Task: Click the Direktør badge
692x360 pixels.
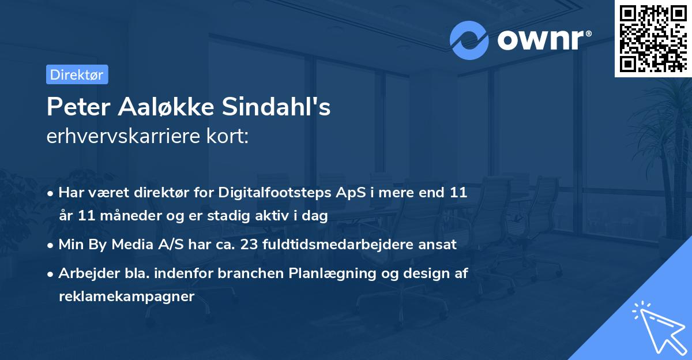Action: tap(77, 74)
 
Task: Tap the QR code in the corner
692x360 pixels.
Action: tap(652, 39)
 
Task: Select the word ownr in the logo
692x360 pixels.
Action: tap(541, 40)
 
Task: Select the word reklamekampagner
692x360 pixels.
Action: tap(127, 297)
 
